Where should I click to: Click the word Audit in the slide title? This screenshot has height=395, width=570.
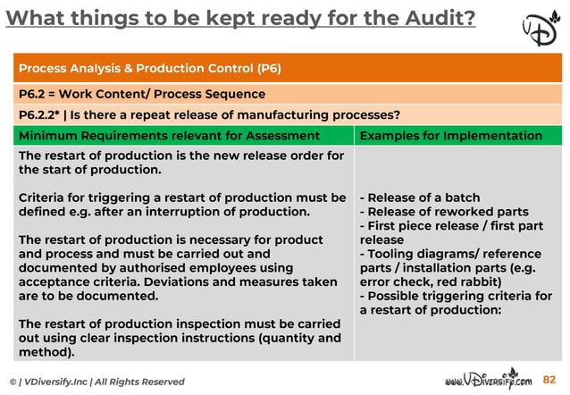click(x=428, y=17)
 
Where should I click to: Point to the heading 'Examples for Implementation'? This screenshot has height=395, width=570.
click(x=450, y=136)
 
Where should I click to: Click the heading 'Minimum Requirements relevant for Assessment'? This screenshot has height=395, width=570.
click(x=169, y=136)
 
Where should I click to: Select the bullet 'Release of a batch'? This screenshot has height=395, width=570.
click(x=420, y=197)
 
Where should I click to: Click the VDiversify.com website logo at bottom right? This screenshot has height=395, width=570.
click(x=487, y=380)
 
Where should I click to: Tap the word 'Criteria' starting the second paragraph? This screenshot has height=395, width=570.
click(x=45, y=197)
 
